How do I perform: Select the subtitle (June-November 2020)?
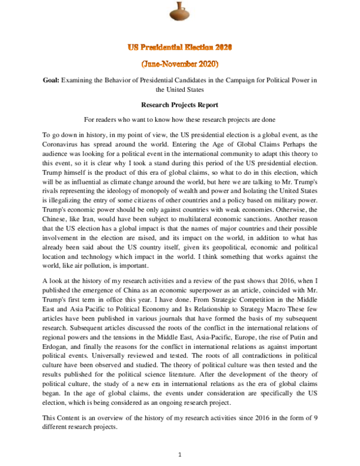point(180,63)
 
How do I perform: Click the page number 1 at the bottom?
point(180,455)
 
